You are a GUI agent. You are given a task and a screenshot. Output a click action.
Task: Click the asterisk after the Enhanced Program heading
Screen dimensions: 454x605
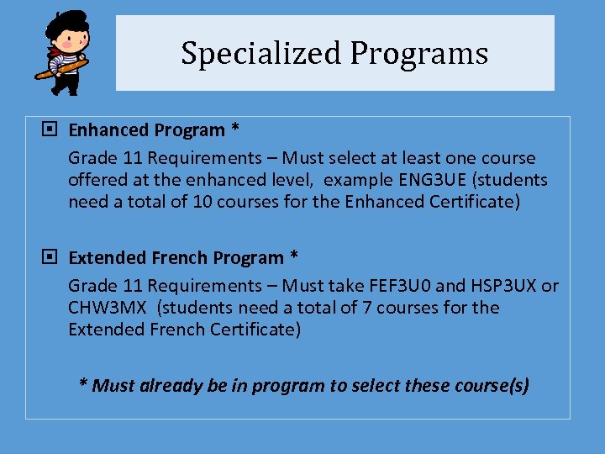click(x=235, y=129)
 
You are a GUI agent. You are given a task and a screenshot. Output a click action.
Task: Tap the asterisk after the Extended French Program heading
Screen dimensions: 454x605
click(x=294, y=257)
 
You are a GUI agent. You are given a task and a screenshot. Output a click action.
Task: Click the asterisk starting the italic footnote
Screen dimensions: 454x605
click(x=83, y=385)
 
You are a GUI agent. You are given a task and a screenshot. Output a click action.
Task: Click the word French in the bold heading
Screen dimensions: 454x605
click(x=177, y=257)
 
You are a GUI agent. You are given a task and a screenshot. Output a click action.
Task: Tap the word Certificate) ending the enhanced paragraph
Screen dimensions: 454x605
click(x=474, y=202)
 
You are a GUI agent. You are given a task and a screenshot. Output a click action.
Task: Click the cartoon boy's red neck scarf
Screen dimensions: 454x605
click(x=53, y=53)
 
